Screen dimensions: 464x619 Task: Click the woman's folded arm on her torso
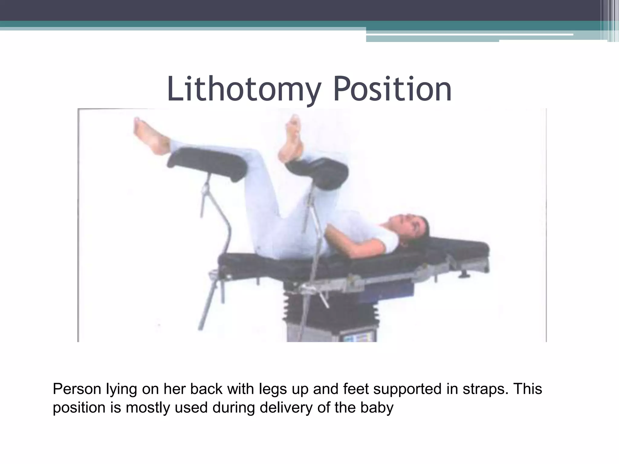coord(357,236)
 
